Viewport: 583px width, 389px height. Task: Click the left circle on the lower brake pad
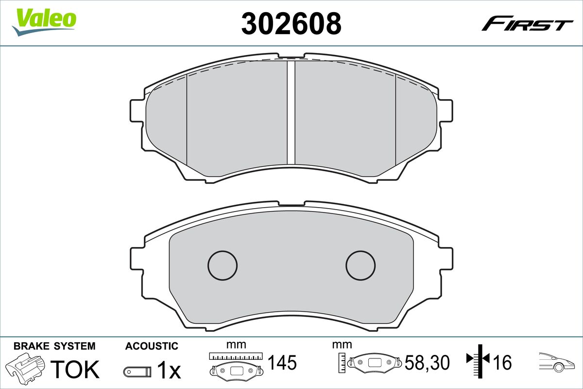tap(223, 265)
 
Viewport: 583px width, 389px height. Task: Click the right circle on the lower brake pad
tap(360, 265)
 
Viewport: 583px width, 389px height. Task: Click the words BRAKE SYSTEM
tap(54, 346)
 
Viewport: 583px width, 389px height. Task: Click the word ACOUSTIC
tap(152, 346)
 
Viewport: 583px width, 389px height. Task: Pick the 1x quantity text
tap(169, 371)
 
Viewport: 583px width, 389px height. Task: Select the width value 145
tap(282, 362)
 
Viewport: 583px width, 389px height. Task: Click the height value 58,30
tap(428, 362)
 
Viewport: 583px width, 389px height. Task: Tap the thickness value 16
tap(503, 362)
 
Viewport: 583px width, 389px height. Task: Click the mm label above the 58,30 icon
tap(342, 345)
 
